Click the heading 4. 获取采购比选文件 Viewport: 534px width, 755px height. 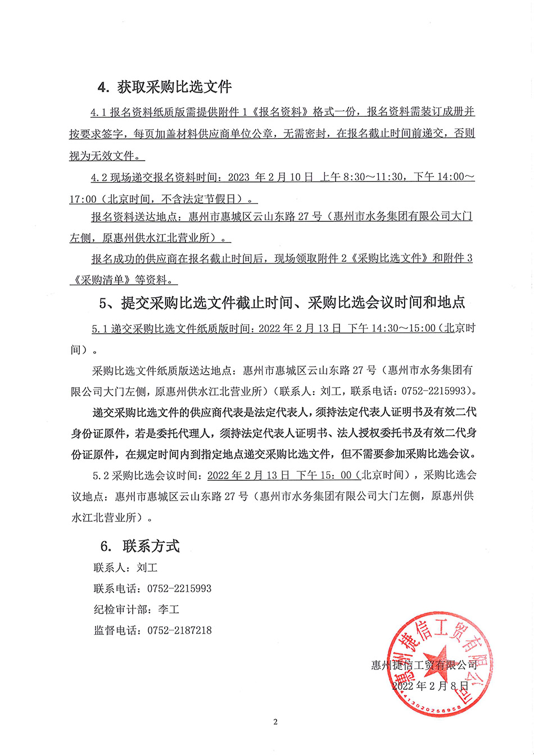point(164,87)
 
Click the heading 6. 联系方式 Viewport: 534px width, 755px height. point(139,545)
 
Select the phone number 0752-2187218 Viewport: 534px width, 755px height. point(179,630)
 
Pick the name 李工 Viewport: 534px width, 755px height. point(169,610)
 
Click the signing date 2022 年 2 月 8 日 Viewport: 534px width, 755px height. point(430,686)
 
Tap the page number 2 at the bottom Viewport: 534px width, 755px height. point(275,722)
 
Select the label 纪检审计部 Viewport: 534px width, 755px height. point(120,610)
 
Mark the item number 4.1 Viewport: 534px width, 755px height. point(99,112)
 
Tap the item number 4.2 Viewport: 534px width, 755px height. point(99,178)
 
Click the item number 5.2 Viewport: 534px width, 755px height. point(101,475)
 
